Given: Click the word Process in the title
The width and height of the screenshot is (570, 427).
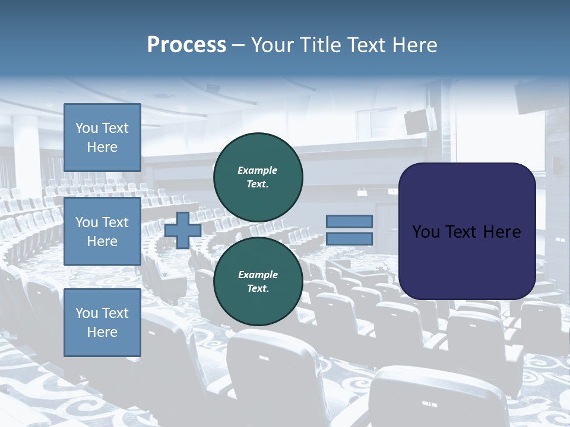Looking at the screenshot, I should (x=186, y=45).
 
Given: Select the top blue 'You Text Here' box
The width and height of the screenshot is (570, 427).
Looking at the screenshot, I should (x=102, y=138).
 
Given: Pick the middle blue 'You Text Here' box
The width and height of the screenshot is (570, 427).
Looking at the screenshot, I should (x=102, y=231).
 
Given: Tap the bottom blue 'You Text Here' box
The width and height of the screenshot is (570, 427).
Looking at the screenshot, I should (x=102, y=322).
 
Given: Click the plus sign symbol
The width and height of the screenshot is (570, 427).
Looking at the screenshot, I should (x=183, y=230).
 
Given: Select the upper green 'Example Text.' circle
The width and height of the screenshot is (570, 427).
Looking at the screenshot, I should (x=258, y=177).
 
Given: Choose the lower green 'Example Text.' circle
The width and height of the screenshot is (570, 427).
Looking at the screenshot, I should (x=258, y=281).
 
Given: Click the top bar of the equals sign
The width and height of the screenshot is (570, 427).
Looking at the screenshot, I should (x=349, y=221).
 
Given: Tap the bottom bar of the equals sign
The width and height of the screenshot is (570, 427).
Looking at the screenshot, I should (x=349, y=238).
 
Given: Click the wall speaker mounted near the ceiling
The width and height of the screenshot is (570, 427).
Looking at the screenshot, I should (x=420, y=120).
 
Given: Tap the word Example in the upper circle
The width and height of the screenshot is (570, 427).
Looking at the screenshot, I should (x=257, y=170).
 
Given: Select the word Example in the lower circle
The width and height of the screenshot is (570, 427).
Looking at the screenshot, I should (x=258, y=275).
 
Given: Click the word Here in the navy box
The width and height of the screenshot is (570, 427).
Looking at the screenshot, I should (x=502, y=232).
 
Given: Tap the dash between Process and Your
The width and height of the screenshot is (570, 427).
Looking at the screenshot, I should (x=239, y=45).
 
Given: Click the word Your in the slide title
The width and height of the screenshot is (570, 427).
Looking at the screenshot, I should (x=271, y=45).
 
